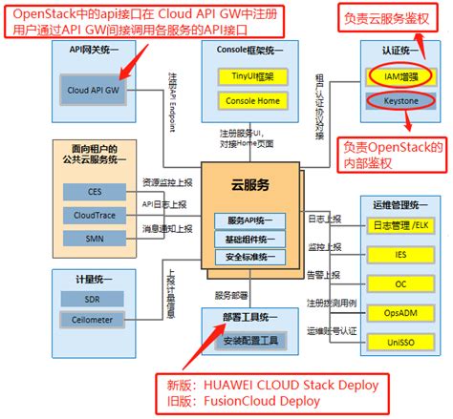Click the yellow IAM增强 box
click(401, 73)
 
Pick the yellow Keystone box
click(401, 97)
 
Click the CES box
click(94, 191)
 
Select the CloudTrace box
click(94, 215)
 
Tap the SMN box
click(94, 239)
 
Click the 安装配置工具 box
click(249, 340)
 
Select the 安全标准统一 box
click(250, 257)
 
